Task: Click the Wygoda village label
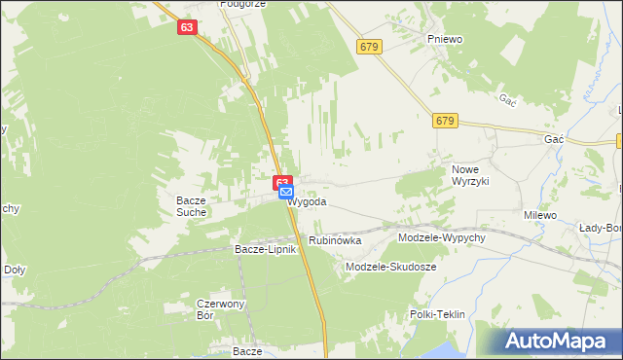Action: (x=309, y=202)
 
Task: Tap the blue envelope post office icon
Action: (x=286, y=193)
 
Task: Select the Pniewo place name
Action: (x=444, y=38)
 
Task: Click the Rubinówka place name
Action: (x=335, y=239)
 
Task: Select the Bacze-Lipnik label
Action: (x=265, y=249)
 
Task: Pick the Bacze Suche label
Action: (x=191, y=206)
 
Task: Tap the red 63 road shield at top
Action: (x=188, y=28)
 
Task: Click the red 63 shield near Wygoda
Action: (x=282, y=181)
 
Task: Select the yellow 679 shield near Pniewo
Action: (x=368, y=46)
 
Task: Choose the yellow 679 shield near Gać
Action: (x=445, y=120)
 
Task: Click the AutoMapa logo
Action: (x=562, y=341)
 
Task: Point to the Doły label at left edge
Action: (x=14, y=270)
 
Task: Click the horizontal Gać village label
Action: (x=555, y=140)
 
